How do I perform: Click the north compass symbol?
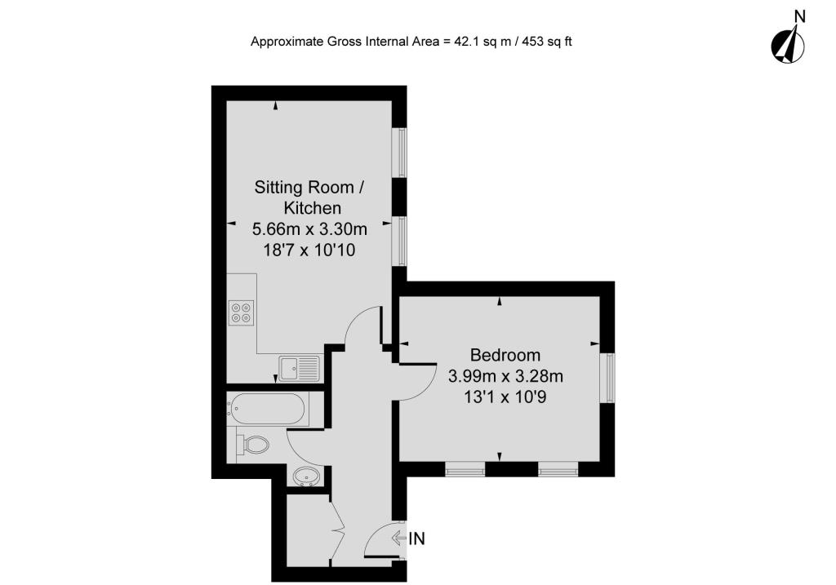coord(787,46)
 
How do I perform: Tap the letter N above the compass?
coord(799,15)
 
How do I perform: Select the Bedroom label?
coord(505,355)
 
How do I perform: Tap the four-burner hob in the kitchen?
coord(242,312)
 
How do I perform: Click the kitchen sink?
coord(299,369)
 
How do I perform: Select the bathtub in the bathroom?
coord(269,409)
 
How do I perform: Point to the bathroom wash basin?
coord(306,476)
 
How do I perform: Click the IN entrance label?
coord(417,538)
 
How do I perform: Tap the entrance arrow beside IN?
coord(399,538)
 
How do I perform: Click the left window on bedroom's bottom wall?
coord(465,468)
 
